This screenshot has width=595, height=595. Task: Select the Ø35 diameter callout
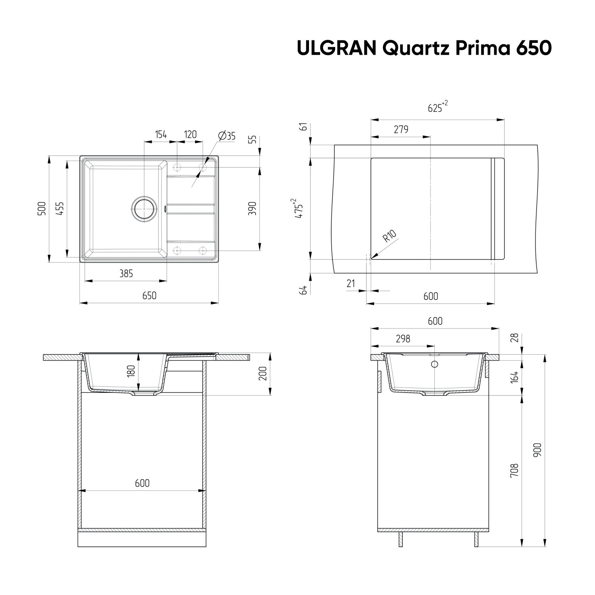point(226,136)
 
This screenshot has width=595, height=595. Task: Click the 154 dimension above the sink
point(161,134)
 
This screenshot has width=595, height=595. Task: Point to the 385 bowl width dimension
point(126,273)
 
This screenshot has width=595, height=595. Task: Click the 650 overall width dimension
point(149,296)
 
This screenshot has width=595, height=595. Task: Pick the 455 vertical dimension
point(60,208)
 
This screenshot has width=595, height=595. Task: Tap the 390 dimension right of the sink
point(252,209)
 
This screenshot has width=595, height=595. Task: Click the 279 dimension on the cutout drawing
point(401,129)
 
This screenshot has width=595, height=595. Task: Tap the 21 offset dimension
point(351,283)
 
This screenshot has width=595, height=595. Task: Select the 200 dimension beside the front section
point(262,374)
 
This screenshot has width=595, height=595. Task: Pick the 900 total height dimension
point(537,450)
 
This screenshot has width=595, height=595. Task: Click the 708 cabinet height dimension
point(514,471)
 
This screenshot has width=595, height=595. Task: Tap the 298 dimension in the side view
point(403,339)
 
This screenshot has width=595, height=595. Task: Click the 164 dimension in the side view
point(514,376)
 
